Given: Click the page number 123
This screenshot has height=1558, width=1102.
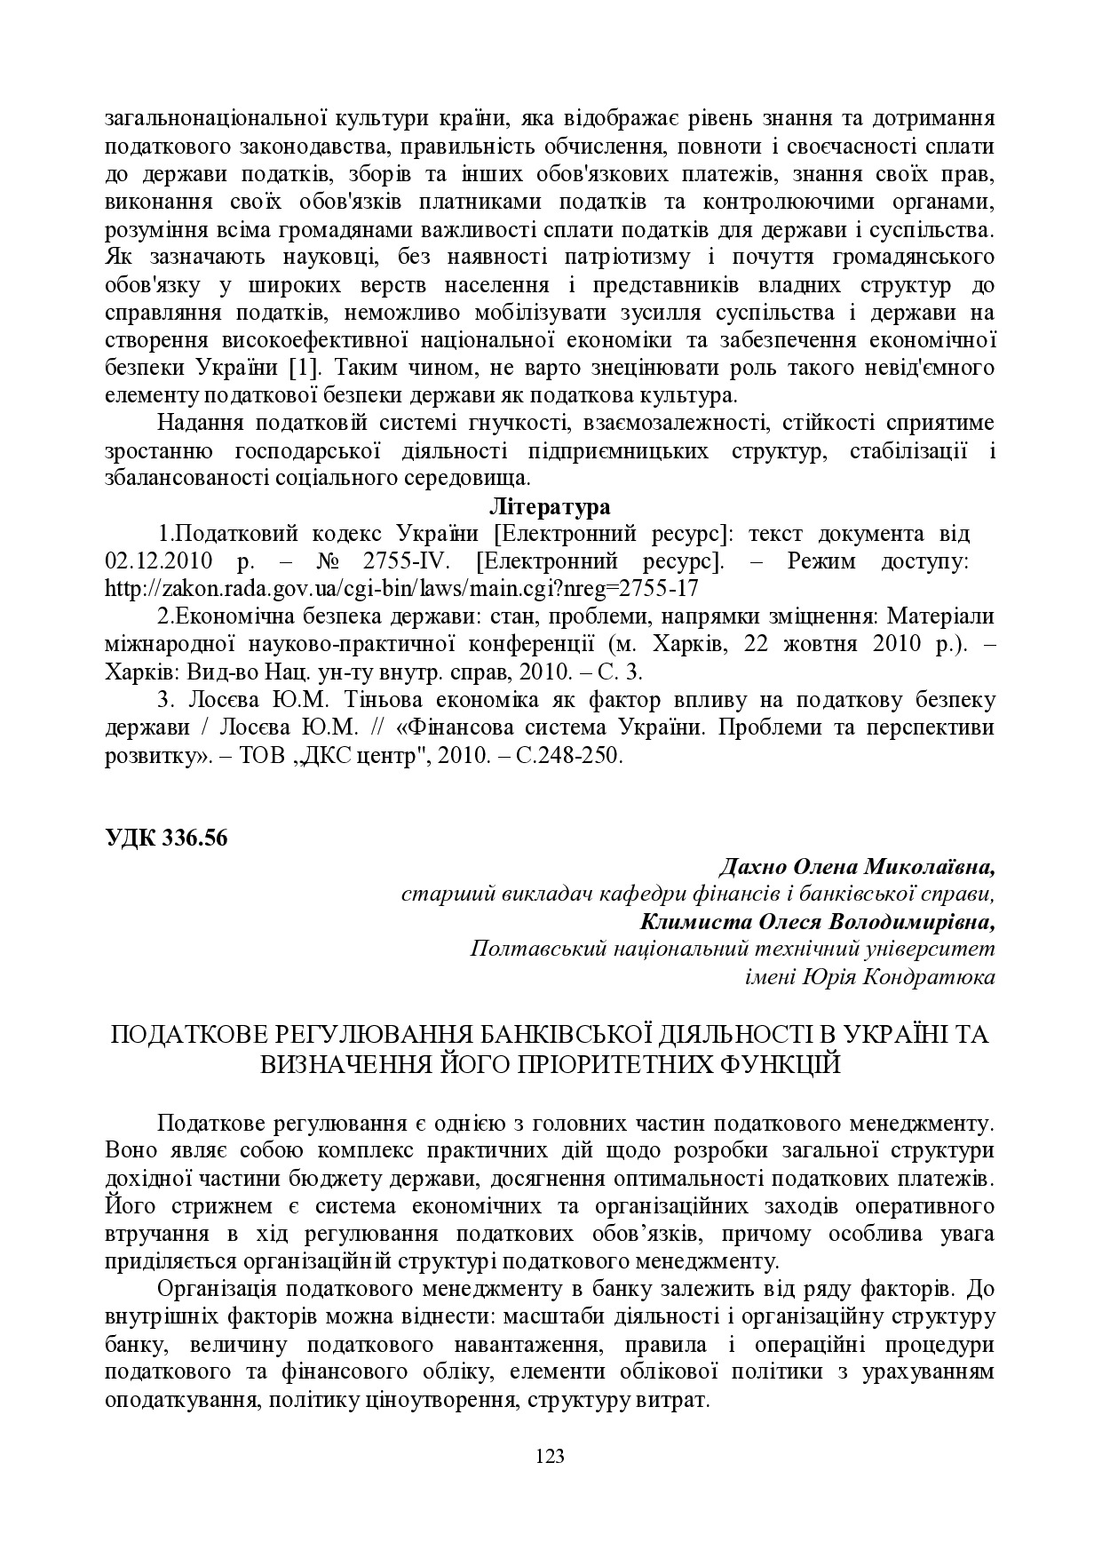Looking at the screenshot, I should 551,1456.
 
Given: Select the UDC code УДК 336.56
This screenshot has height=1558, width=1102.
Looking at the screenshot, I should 166,839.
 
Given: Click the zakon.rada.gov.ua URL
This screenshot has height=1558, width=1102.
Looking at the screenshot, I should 401,589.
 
